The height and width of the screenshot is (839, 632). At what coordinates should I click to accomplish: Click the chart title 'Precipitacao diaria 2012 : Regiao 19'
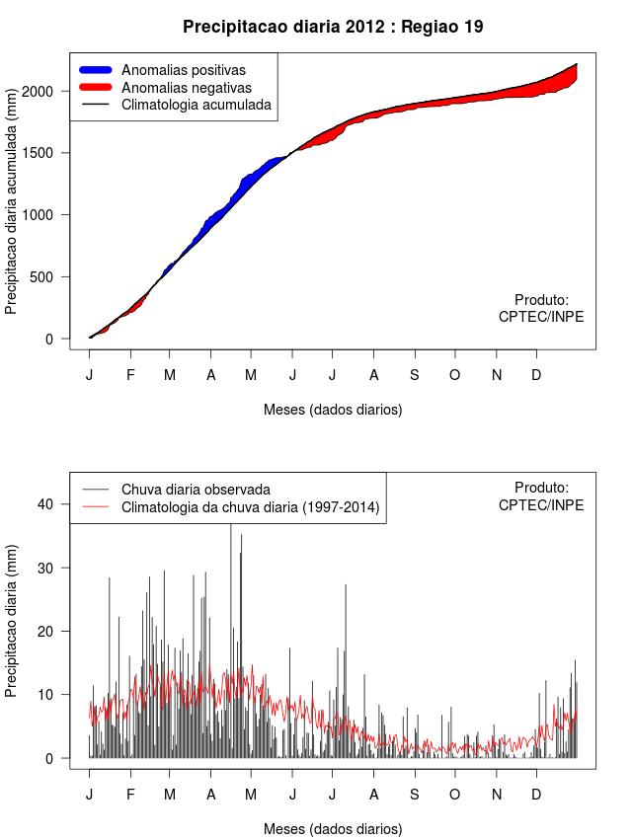[333, 27]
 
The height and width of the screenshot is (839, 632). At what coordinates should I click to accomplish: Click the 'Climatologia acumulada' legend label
[196, 104]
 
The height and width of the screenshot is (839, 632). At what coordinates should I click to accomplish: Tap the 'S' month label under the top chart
[415, 375]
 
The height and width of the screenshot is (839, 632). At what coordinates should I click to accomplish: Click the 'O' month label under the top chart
[455, 375]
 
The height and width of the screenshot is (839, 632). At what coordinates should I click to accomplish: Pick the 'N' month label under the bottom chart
[497, 795]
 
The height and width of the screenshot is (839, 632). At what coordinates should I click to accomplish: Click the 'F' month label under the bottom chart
[129, 795]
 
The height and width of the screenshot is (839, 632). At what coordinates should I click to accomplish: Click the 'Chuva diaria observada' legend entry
[195, 490]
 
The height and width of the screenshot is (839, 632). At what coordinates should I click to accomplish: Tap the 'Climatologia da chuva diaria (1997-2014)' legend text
[250, 507]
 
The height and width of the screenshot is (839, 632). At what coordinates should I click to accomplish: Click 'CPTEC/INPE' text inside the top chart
[541, 317]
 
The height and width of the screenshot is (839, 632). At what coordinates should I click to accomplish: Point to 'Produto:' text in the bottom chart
[541, 487]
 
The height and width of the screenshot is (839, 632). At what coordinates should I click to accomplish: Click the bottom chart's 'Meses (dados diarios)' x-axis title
[333, 828]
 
